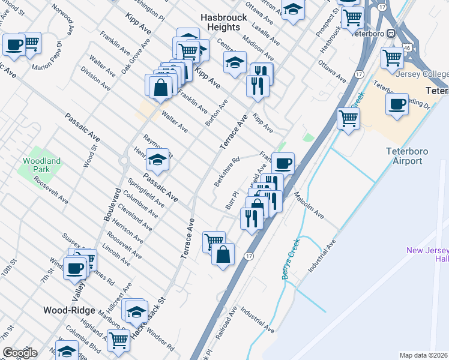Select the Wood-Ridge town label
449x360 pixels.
coord(69,310)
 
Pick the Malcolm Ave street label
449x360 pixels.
coord(309,206)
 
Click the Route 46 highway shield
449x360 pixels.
coord(407,46)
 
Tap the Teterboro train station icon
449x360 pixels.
coord(391,34)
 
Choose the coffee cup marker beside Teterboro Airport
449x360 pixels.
coord(397,104)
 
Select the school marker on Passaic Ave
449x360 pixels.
coord(158,160)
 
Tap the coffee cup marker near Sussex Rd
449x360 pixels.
coord(75,268)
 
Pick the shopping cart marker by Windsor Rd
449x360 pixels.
coord(118,340)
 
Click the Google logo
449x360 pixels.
coord(20,353)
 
